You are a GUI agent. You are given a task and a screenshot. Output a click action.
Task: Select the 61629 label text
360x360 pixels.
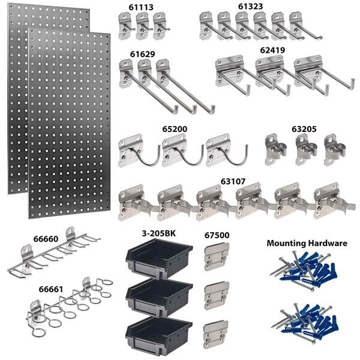pos(142,54)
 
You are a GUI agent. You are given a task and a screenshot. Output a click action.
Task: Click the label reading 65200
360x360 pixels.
pos(174,128)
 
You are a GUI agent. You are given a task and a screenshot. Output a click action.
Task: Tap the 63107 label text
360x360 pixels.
pos(233,179)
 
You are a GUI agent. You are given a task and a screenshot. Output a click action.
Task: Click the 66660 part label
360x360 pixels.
pos(29,239)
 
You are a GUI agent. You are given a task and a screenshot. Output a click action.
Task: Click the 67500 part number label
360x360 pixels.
pos(216,235)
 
